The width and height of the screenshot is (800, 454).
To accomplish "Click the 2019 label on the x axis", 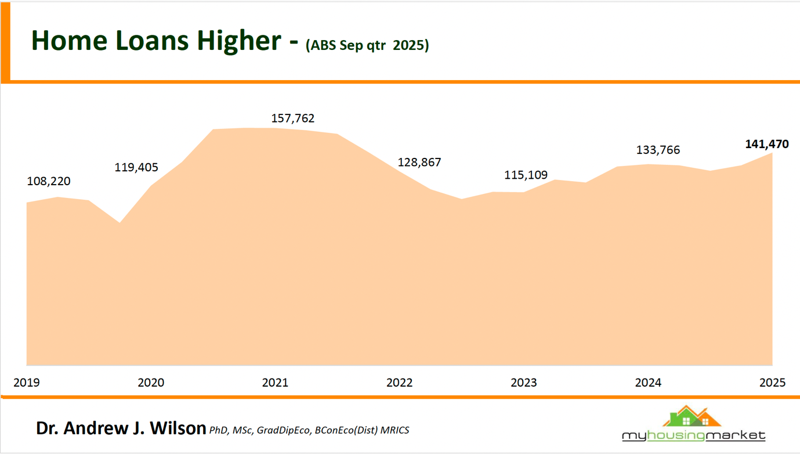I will tap(27, 383).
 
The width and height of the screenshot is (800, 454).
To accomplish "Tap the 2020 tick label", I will tap(151, 383).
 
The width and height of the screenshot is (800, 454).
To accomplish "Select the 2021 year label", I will tap(275, 383).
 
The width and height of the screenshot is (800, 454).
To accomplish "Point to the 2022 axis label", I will tap(399, 383).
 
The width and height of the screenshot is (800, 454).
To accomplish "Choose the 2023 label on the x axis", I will tap(523, 383).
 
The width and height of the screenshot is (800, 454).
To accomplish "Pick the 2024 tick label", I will tap(648, 383).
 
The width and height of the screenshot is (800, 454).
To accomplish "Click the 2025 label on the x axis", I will tap(772, 383).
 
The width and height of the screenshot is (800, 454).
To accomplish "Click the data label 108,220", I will tap(49, 181).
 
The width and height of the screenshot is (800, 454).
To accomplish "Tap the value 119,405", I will tap(136, 168).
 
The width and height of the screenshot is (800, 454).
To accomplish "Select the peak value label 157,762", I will tap(293, 118).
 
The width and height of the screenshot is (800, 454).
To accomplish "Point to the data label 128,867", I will tap(419, 163).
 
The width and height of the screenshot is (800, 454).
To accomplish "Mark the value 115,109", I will tap(526, 175).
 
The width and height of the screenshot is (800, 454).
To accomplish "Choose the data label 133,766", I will tap(658, 150).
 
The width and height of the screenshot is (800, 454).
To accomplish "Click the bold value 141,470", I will tap(767, 144).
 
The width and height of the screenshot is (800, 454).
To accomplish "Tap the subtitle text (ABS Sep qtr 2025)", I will tap(367, 45).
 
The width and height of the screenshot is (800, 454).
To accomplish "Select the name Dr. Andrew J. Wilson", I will tap(121, 428).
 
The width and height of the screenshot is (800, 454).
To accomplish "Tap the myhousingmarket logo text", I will tap(694, 435).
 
